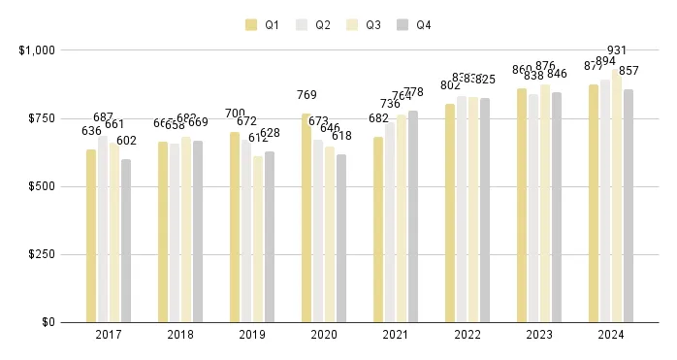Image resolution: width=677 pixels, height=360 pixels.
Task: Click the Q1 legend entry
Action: point(263,25)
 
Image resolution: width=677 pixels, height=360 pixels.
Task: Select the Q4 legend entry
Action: point(414,25)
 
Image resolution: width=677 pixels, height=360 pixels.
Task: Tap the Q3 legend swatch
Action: point(352,25)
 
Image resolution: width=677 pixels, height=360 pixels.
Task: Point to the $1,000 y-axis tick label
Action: point(37,49)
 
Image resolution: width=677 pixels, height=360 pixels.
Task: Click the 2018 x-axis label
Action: point(180,335)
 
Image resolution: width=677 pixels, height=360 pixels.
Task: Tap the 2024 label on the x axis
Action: point(611,335)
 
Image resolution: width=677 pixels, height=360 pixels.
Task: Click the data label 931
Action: point(617,50)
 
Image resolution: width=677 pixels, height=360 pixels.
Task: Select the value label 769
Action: point(306,95)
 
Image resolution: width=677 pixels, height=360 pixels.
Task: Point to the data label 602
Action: point(126,141)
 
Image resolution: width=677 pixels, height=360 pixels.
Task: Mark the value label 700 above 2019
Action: point(235,114)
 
